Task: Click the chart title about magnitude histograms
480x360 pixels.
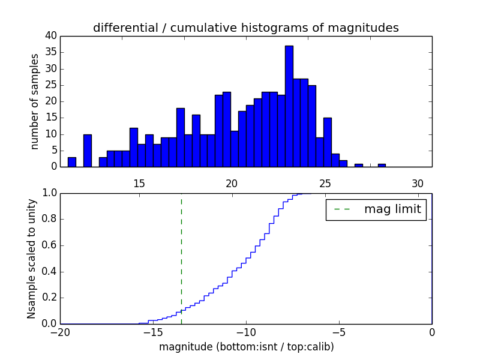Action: point(245,28)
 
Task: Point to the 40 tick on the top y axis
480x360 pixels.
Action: point(50,36)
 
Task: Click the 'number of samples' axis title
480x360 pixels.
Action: point(35,101)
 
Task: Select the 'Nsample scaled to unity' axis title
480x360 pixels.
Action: point(32,258)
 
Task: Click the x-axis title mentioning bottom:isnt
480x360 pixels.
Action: point(246,347)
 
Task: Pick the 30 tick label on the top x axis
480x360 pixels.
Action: point(418,184)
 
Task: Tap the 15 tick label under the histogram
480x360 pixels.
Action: point(139,184)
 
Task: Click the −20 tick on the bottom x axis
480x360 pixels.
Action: point(60,332)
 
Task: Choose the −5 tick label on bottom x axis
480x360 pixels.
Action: point(338,332)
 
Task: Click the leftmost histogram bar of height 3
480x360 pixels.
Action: point(72,162)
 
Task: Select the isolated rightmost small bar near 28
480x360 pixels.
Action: point(382,165)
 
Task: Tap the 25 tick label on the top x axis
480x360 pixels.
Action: point(325,184)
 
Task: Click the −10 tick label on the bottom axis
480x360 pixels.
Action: point(245,332)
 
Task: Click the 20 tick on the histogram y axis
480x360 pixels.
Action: point(50,101)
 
